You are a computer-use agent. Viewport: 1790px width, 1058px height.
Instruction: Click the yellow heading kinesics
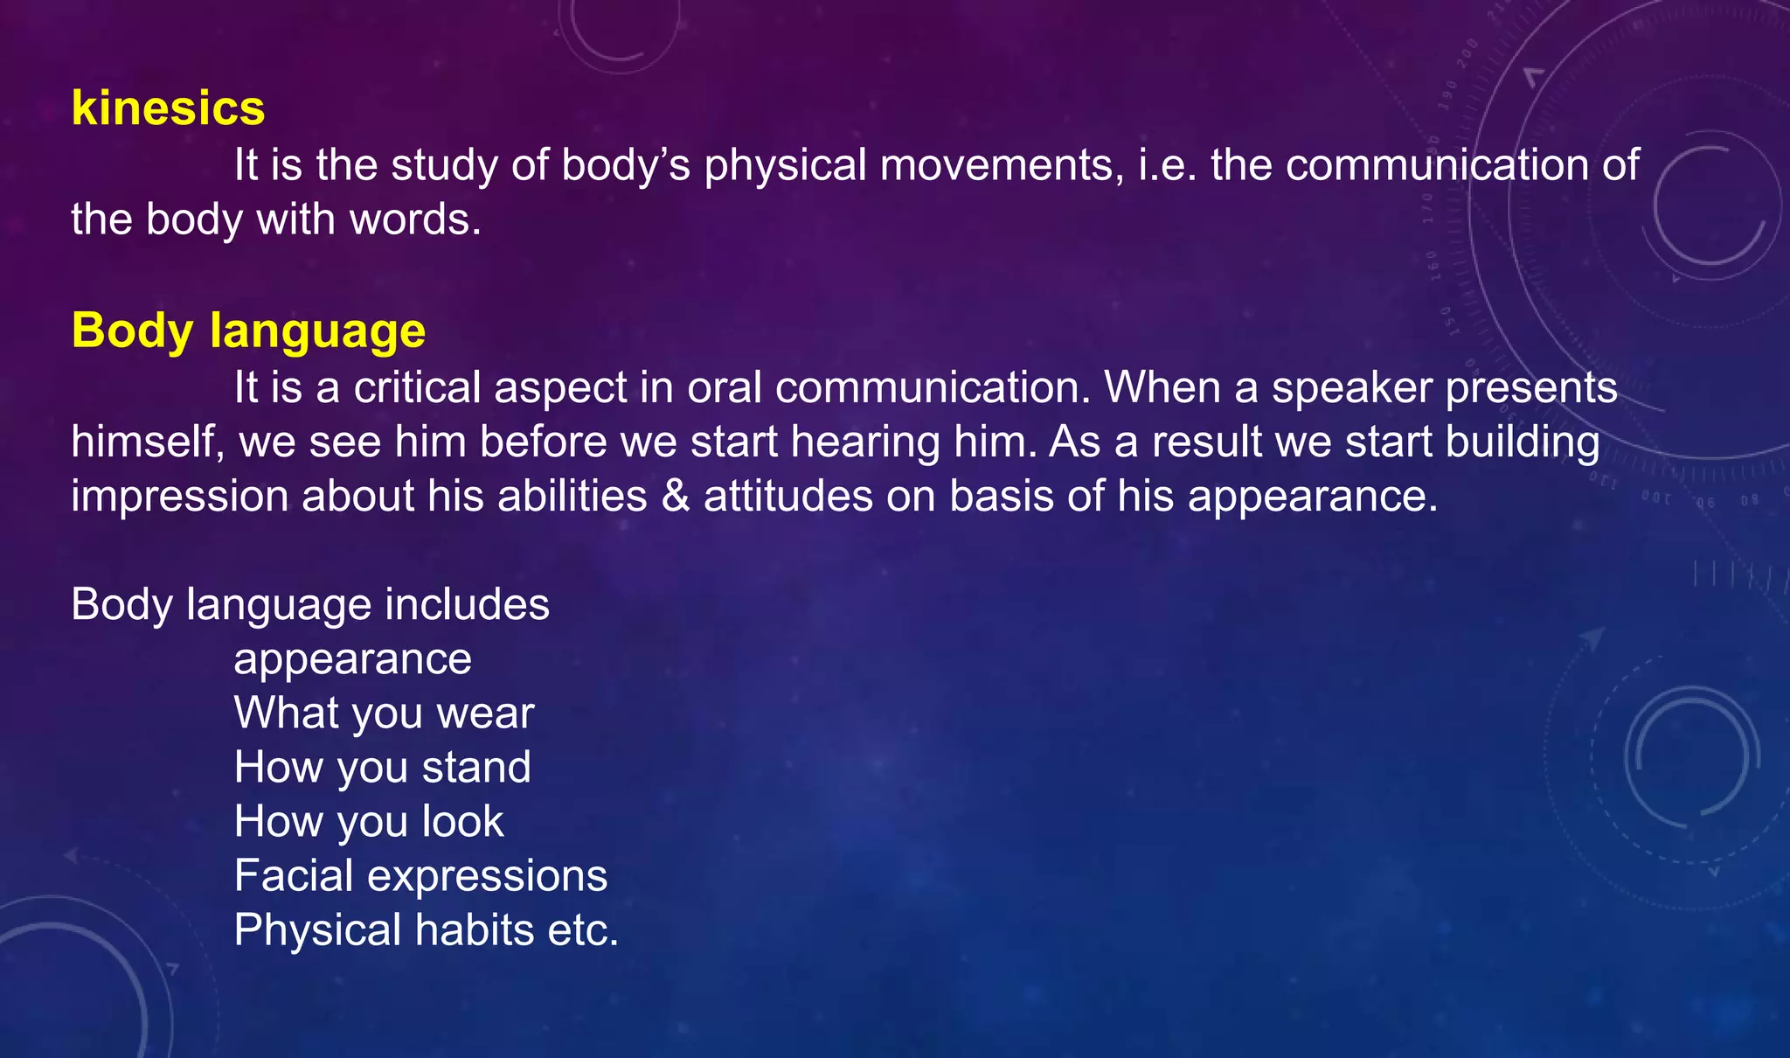coord(168,108)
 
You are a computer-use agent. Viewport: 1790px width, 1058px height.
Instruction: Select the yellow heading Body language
coord(248,331)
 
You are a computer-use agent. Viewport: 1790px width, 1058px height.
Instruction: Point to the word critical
coord(417,387)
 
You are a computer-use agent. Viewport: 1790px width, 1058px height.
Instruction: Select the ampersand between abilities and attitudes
coord(676,496)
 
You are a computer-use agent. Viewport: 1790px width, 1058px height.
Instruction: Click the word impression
coord(180,496)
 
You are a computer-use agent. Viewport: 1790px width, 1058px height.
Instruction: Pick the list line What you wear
coord(383,713)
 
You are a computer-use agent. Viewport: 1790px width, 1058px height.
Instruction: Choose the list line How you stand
coord(382,767)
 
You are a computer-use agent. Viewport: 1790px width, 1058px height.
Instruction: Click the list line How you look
coord(368,821)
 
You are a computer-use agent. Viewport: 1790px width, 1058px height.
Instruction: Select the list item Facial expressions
coord(420,875)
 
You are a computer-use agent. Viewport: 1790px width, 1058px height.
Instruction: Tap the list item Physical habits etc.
coord(426,929)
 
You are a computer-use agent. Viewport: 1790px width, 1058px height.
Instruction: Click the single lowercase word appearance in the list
coord(352,658)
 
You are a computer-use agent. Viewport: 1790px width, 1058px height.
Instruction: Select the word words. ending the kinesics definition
coord(415,219)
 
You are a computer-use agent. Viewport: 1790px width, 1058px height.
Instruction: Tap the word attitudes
coord(787,496)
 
